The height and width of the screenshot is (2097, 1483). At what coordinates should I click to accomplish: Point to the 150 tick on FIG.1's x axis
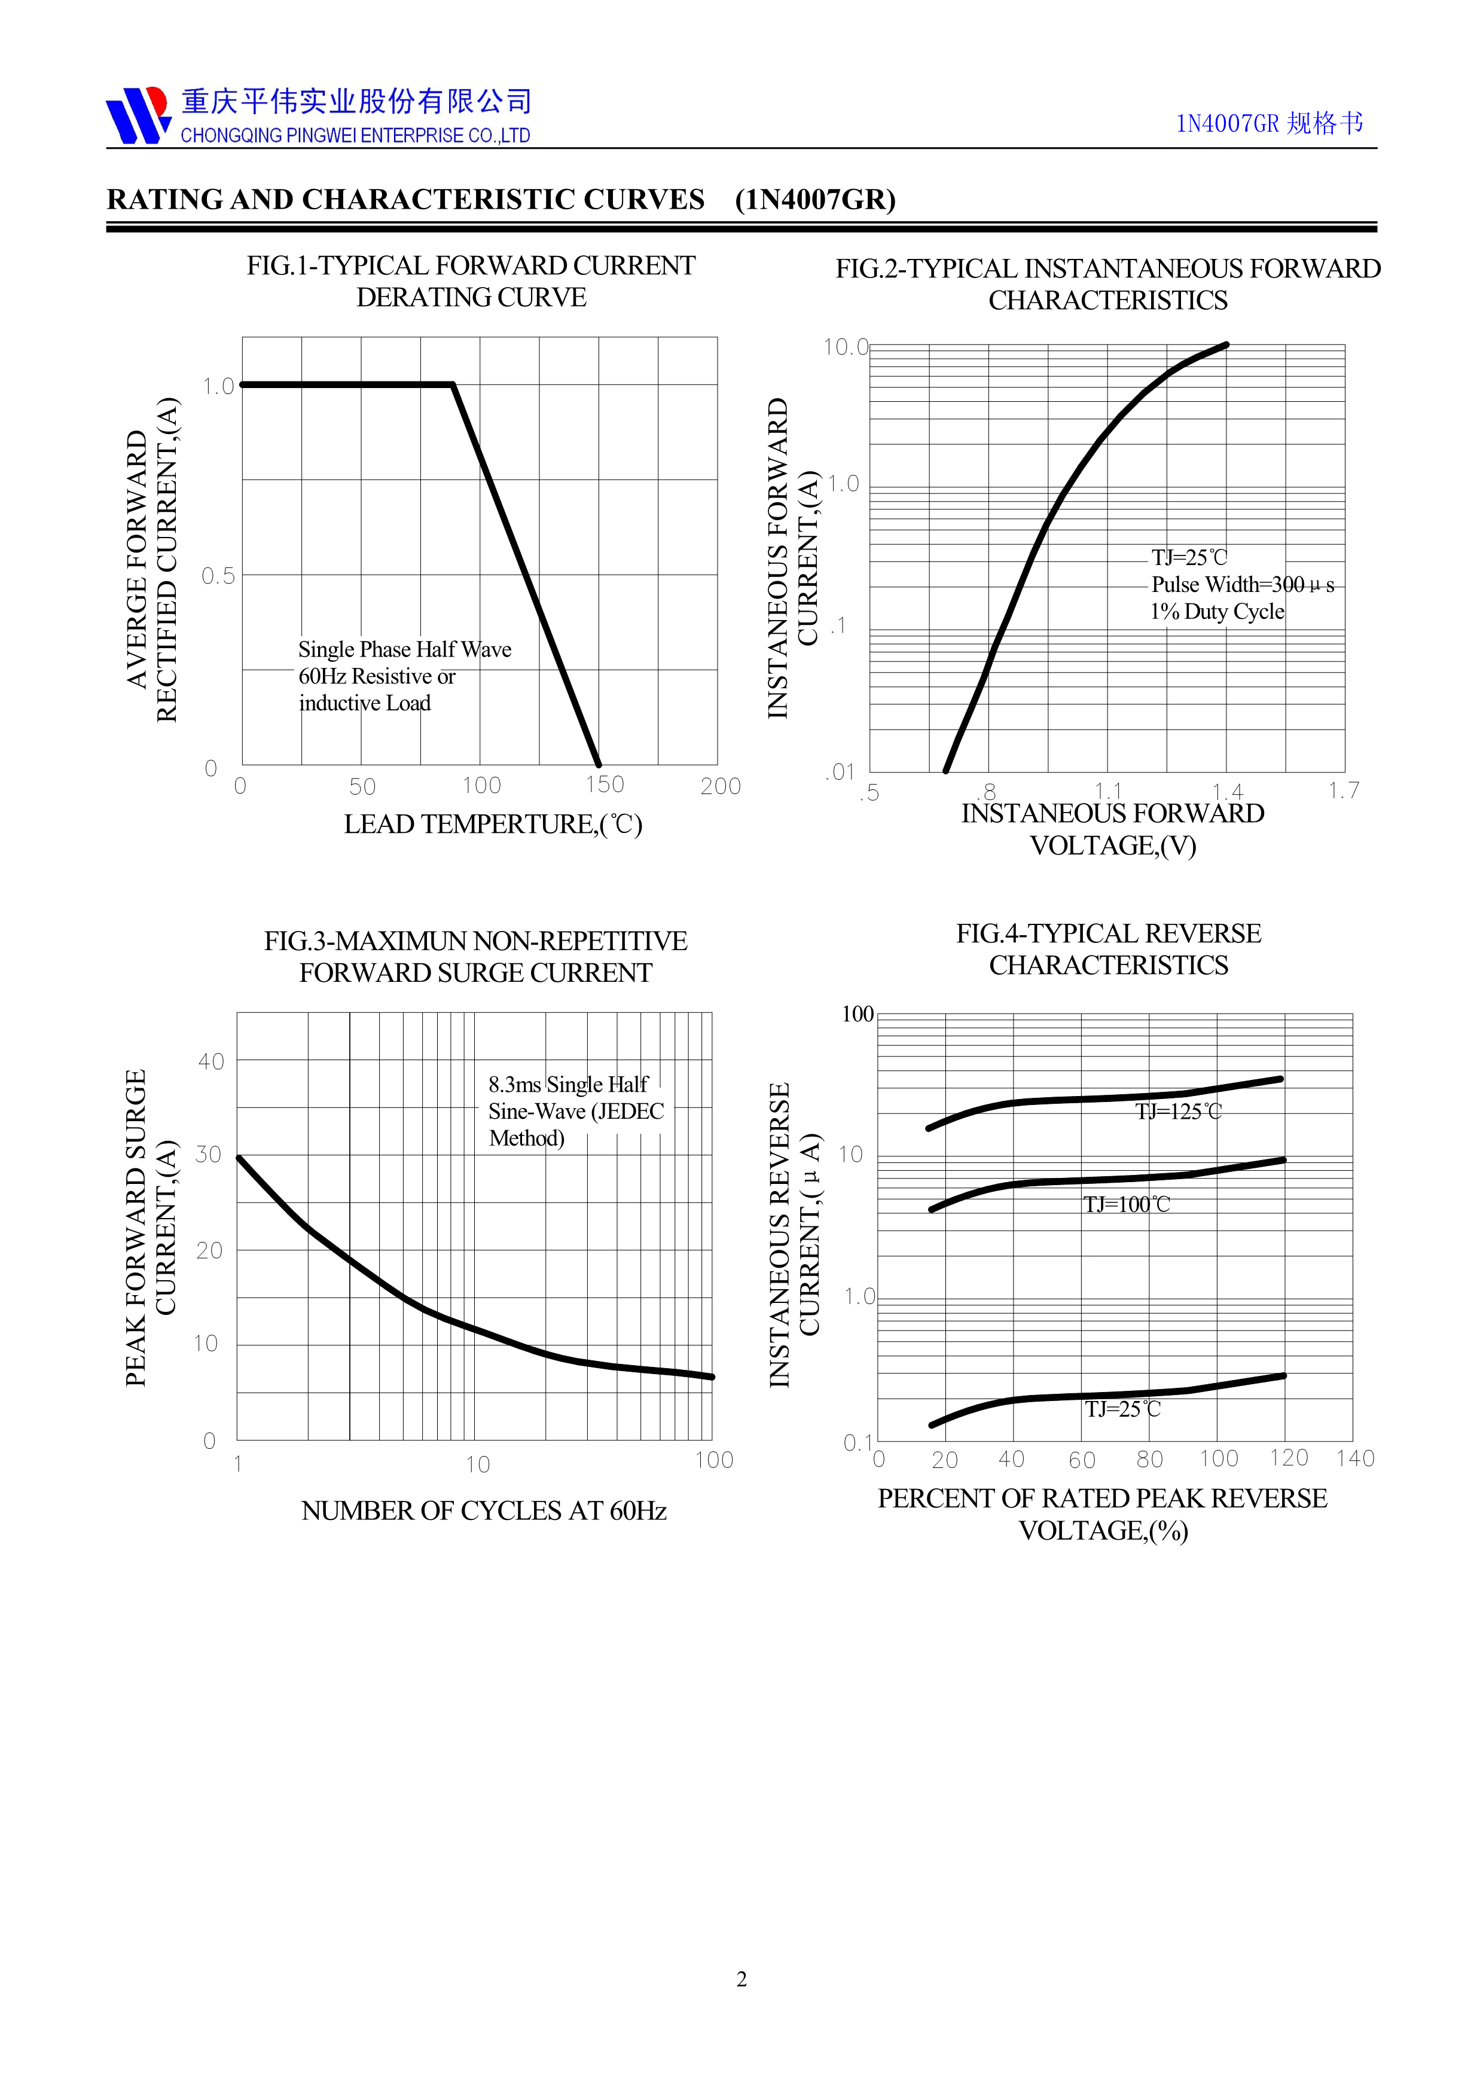pyautogui.click(x=605, y=785)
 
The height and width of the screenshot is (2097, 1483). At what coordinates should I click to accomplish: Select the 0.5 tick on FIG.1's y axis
pyautogui.click(x=218, y=575)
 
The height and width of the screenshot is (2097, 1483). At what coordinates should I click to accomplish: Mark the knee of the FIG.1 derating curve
pyautogui.click(x=453, y=384)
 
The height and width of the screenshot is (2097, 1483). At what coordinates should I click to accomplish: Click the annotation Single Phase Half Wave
pyautogui.click(x=405, y=649)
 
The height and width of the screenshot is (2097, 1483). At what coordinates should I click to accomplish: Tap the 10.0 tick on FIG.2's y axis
pyautogui.click(x=846, y=347)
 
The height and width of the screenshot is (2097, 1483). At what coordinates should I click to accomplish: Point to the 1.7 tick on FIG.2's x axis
pyautogui.click(x=1343, y=790)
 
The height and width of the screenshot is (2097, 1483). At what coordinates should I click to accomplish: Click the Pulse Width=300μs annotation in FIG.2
pyautogui.click(x=1242, y=585)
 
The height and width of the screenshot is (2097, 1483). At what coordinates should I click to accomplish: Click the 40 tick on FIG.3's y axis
pyautogui.click(x=211, y=1061)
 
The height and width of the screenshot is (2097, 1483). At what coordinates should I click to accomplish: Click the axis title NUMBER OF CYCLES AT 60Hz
pyautogui.click(x=484, y=1510)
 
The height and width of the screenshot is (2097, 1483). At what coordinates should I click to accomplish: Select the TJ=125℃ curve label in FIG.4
pyautogui.click(x=1178, y=1112)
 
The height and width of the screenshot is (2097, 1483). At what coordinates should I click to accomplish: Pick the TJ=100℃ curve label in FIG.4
pyautogui.click(x=1126, y=1205)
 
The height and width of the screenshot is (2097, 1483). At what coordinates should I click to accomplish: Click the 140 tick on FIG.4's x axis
pyautogui.click(x=1355, y=1458)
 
